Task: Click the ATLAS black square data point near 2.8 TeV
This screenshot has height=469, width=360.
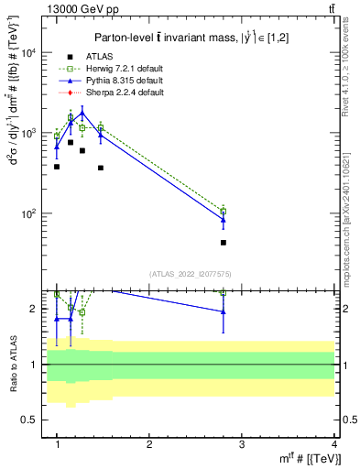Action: coord(224,243)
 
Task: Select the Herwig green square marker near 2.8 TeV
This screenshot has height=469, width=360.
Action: coord(224,212)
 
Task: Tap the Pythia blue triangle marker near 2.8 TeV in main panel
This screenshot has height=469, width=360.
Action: coord(224,220)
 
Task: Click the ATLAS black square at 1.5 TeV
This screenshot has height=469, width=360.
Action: coord(101,168)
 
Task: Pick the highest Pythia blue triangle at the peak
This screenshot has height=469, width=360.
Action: coord(82,114)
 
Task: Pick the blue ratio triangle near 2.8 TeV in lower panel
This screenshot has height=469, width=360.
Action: coord(224,312)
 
